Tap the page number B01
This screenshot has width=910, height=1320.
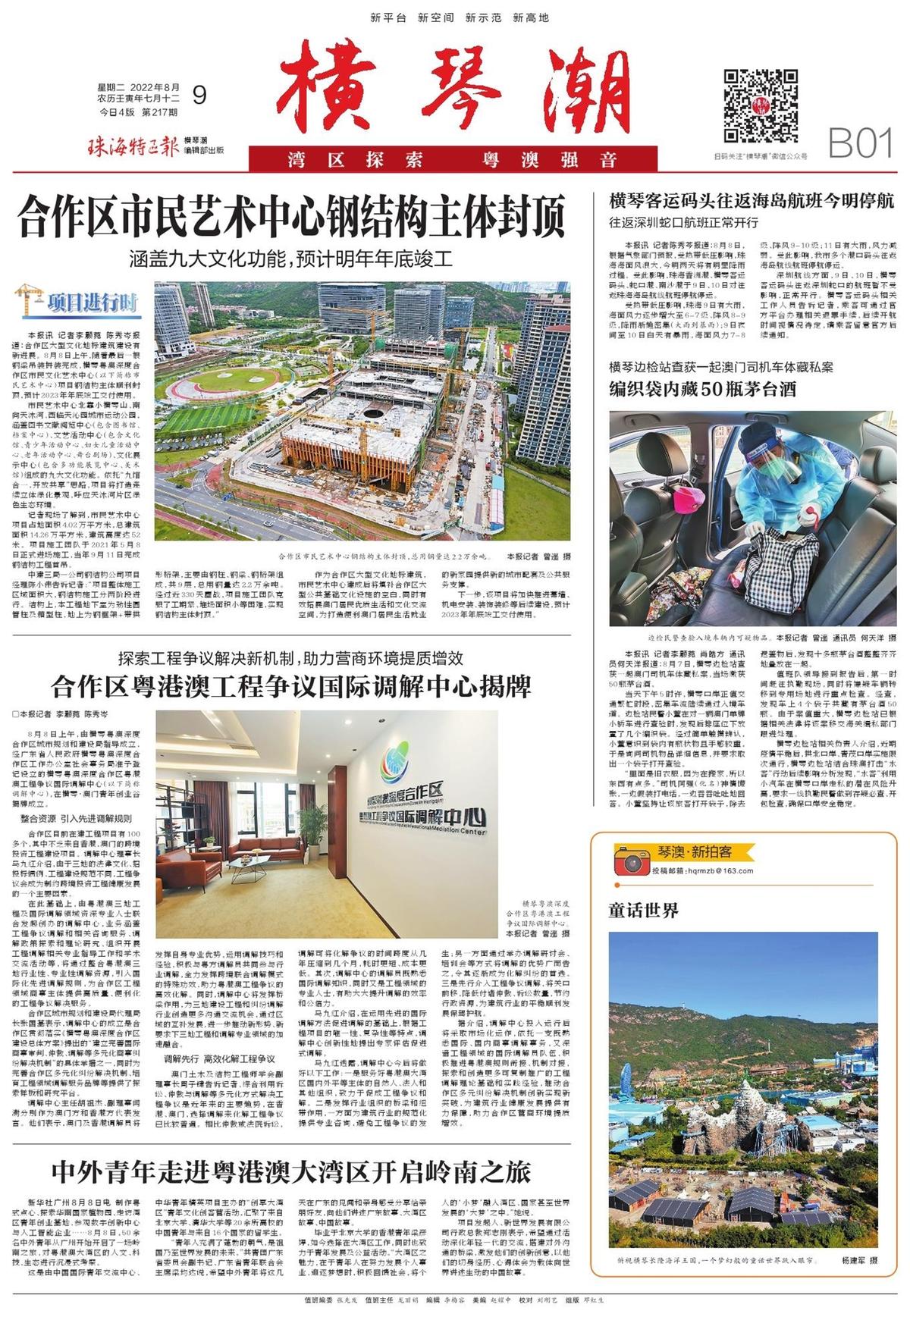click(x=860, y=142)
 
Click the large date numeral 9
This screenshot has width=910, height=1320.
click(x=199, y=95)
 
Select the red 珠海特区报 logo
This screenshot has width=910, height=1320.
click(x=133, y=145)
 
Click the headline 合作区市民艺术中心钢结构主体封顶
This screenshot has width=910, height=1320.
click(x=292, y=216)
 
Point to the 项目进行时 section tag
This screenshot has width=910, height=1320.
click(x=78, y=302)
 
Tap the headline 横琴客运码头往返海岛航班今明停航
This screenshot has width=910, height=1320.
click(x=752, y=201)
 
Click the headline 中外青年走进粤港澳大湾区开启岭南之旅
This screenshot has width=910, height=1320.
click(x=291, y=1171)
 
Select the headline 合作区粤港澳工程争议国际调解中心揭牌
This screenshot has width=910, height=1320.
click(x=291, y=688)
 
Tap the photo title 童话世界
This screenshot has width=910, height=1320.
click(x=643, y=910)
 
